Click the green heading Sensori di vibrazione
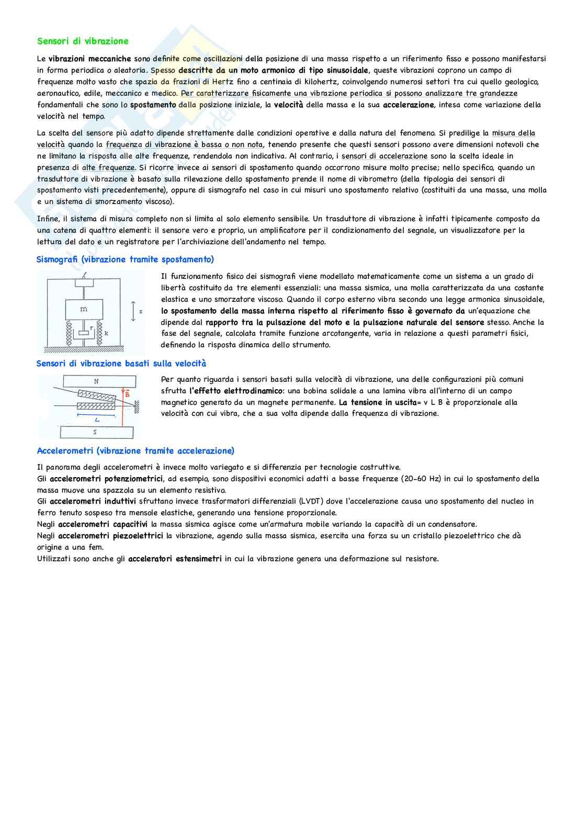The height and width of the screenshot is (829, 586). [x=83, y=41]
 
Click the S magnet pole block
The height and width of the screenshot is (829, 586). [x=96, y=432]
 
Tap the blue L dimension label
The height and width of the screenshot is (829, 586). [x=97, y=419]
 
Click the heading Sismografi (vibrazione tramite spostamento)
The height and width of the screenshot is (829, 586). [x=125, y=259]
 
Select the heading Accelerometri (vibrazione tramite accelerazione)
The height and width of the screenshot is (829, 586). [x=136, y=451]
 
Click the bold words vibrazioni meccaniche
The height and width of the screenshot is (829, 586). [x=89, y=59]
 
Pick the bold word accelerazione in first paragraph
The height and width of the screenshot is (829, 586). [x=408, y=105]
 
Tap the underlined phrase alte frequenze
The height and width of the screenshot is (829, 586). [x=108, y=168]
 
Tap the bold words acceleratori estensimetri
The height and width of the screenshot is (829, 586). [x=175, y=559]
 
